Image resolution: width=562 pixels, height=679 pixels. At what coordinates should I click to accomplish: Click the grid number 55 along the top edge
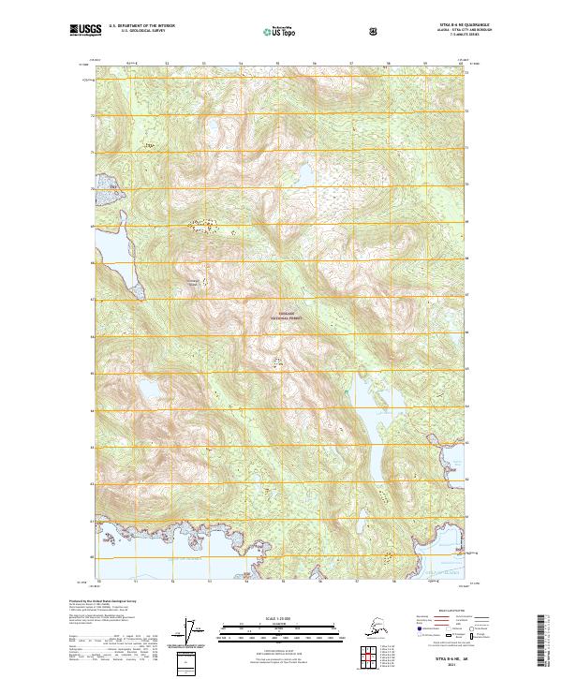pos(277,64)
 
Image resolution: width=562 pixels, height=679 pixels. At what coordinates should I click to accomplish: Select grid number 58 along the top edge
pos(388,64)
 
